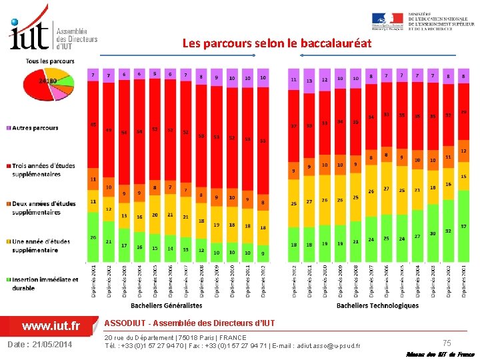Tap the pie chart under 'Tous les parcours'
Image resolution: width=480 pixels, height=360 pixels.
coord(48,84)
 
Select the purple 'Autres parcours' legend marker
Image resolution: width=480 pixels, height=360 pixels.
coord(8,128)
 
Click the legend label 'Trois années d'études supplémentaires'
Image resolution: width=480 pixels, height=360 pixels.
coord(43,170)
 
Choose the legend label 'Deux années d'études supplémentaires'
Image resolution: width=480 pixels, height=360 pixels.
coord(43,207)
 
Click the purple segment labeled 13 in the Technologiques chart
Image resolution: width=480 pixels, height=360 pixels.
coord(309,80)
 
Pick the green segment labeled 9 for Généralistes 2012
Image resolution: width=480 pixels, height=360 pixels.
coord(263,254)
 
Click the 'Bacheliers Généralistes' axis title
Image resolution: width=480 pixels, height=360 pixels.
coord(166,305)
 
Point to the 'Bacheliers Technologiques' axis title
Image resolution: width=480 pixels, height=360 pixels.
coord(377,305)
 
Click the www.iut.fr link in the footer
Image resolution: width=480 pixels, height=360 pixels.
coord(51,326)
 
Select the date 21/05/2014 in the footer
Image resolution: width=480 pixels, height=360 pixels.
coord(41,344)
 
